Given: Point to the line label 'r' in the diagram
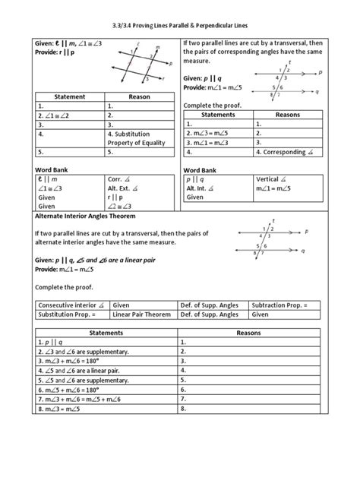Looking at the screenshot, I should (162, 77).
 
